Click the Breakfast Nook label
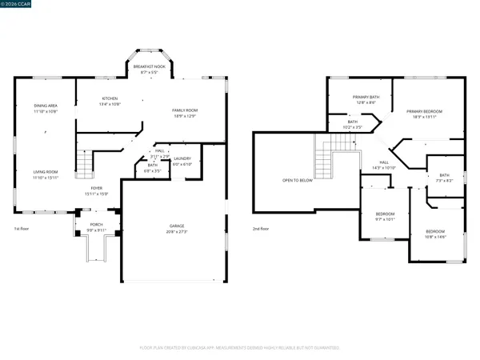145,67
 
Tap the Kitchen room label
110,78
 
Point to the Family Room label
185,111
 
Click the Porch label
96,226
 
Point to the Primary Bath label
365,98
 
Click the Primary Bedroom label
424,113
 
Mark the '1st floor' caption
22,230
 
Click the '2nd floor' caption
262,230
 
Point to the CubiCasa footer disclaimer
240,348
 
